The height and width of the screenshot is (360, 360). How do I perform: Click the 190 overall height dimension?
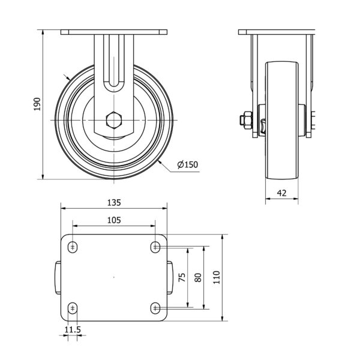37,104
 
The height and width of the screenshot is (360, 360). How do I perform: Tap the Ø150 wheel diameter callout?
188,164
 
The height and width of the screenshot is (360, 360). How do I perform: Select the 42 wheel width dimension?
282,193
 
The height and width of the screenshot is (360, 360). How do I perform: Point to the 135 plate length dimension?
114,203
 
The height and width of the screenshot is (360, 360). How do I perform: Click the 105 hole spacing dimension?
114,220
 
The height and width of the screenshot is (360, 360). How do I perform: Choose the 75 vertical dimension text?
182,277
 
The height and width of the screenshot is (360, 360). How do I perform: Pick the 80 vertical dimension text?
198,277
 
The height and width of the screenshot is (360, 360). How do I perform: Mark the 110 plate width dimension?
217,277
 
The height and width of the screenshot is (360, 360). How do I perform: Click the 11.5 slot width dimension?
73,329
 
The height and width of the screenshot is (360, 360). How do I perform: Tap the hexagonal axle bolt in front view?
114,120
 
